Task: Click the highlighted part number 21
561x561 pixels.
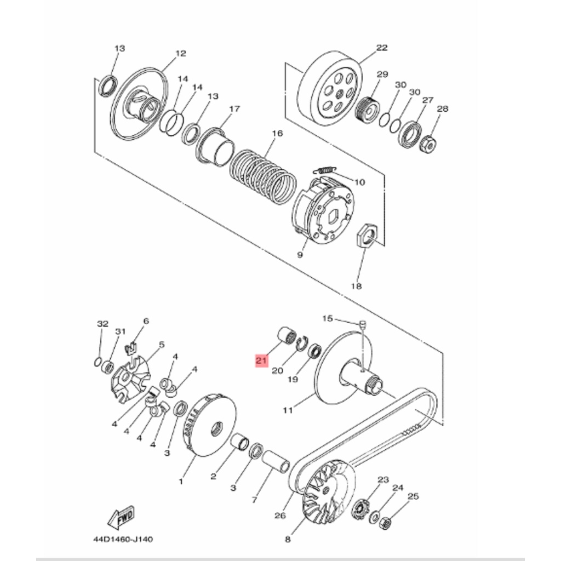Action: tap(261, 360)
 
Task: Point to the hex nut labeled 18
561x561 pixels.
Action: tap(365, 237)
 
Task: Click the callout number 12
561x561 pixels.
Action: tap(181, 54)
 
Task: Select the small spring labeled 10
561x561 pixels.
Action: tap(327, 170)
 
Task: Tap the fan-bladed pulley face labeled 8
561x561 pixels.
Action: tap(326, 490)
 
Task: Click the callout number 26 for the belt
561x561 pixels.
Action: tap(280, 516)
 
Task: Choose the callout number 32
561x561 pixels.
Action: tap(102, 324)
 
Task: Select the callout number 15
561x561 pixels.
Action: tap(327, 318)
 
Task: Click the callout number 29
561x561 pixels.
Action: tap(382, 74)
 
